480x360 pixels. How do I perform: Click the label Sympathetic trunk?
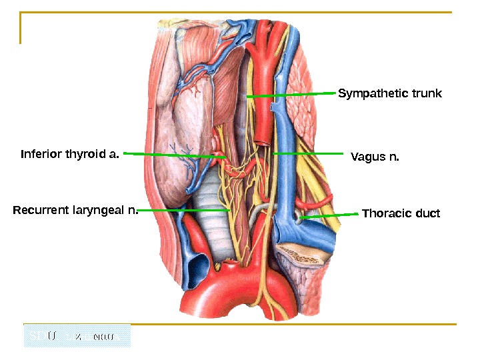pos(390,93)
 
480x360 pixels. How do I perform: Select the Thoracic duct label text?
pos(401,213)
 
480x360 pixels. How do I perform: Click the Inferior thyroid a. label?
pos(70,155)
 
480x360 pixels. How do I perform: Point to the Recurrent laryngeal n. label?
pos(75,211)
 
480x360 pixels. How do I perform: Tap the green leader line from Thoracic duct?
pos(330,215)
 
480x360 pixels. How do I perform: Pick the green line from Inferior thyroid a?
pos(170,154)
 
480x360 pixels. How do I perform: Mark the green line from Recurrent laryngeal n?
pos(183,210)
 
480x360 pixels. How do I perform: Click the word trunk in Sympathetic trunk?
pos(426,93)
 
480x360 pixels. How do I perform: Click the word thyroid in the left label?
pos(80,155)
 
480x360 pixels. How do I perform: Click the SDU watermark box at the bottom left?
pos(77,336)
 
